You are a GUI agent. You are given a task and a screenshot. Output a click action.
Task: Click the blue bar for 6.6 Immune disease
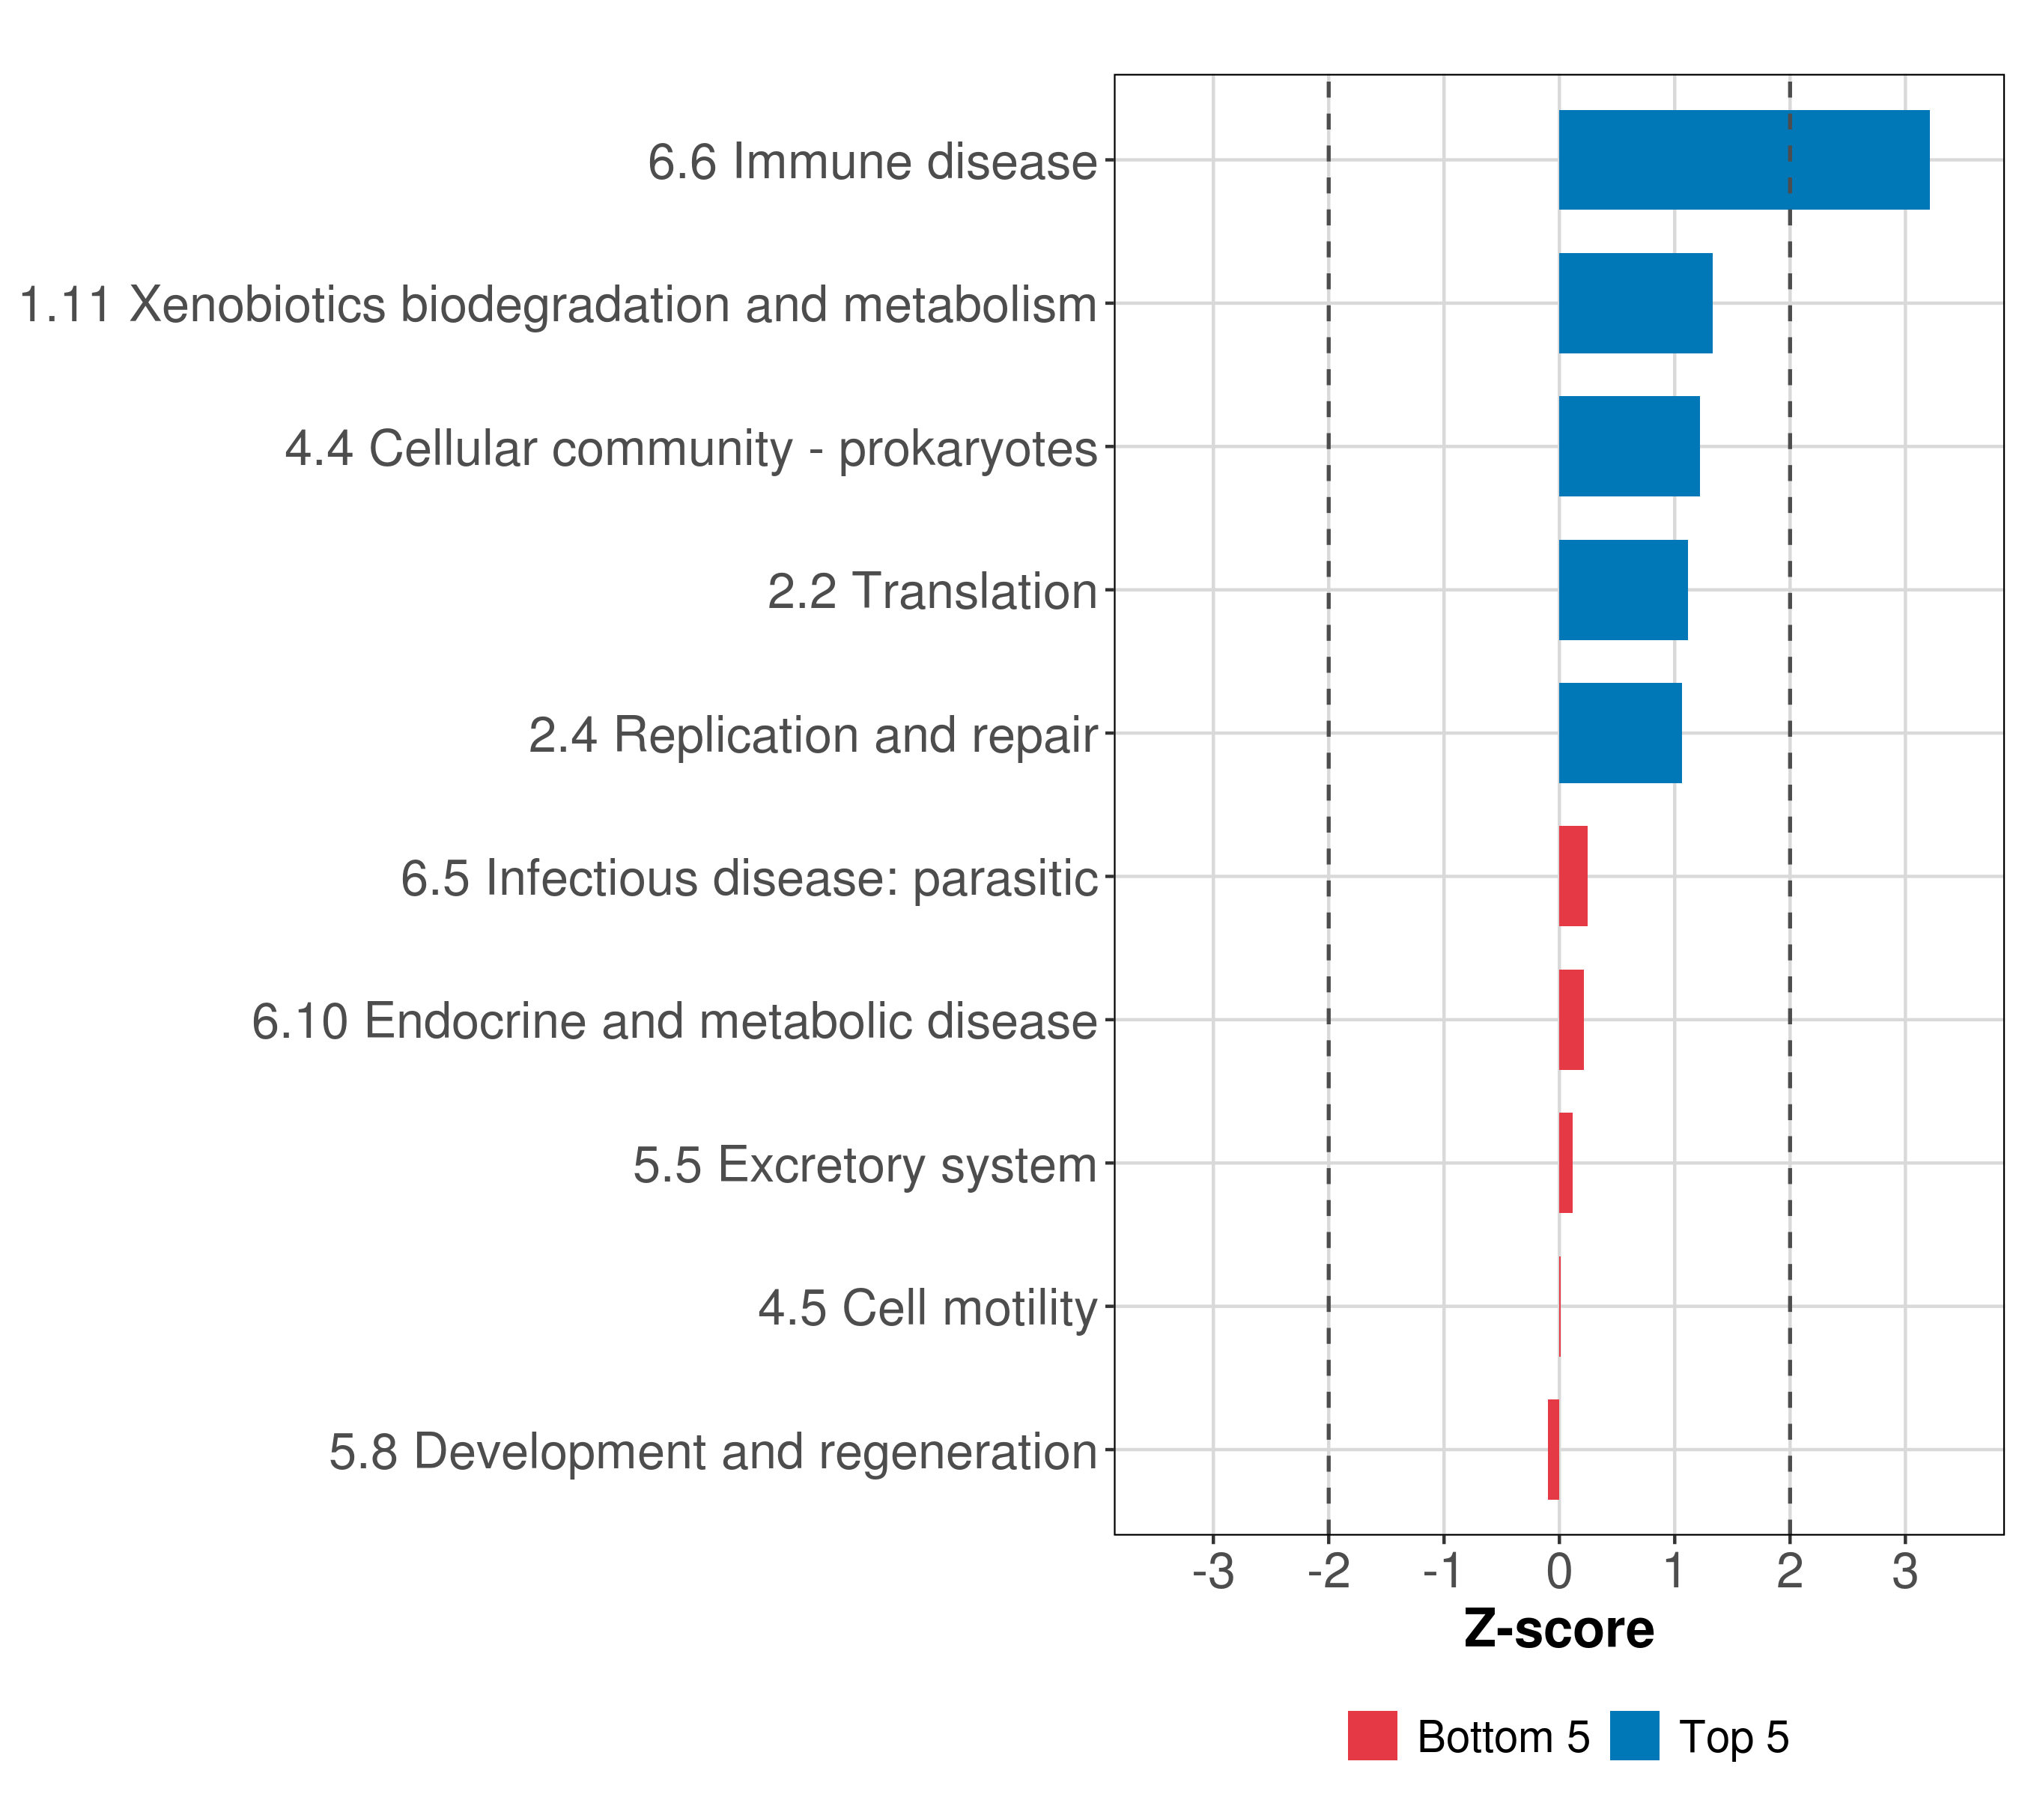pos(1743,160)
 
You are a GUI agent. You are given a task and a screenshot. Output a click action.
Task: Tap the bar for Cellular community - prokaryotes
pos(1628,446)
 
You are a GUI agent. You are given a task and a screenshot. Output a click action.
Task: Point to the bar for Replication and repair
pos(1619,733)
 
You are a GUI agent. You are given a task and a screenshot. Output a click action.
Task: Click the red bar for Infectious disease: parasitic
pos(1572,876)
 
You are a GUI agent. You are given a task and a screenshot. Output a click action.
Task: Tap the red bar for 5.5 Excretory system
pos(1565,1163)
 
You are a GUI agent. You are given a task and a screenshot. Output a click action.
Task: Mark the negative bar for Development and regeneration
pos(1553,1450)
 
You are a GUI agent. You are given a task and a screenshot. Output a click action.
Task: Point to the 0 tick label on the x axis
pos(1559,1572)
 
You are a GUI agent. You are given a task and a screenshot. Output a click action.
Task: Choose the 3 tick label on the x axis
pos(1905,1572)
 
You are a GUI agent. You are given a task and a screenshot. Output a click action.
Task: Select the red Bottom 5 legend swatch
pos(1372,1736)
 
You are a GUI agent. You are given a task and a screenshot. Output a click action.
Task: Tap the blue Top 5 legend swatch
pos(1634,1736)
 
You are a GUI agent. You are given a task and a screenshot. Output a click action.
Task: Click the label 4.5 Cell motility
pos(928,1307)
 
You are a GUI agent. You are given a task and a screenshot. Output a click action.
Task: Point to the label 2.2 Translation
pos(932,592)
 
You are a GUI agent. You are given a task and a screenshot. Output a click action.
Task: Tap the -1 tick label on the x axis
pos(1443,1572)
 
